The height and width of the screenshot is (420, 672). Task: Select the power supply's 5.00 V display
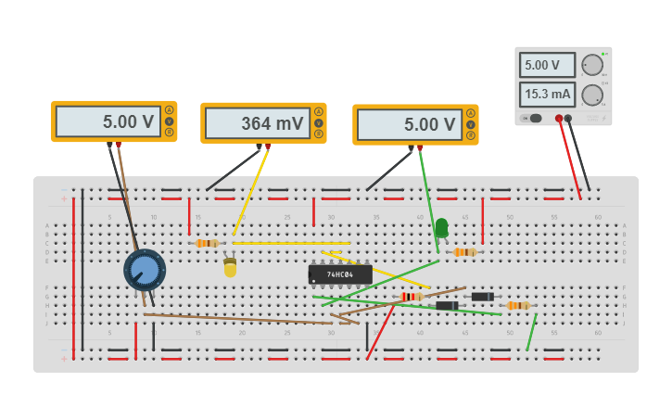[547, 65]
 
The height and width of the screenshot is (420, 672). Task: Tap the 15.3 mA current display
[547, 94]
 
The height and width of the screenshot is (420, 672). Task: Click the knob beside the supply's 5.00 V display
[591, 65]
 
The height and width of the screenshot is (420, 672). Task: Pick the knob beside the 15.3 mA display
[591, 94]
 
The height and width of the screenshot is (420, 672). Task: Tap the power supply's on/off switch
[534, 118]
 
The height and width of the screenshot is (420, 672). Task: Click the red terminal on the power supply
[558, 118]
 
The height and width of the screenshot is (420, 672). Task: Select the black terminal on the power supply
[568, 118]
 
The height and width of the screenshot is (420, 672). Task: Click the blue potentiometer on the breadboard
[145, 270]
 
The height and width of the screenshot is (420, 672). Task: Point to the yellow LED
[230, 268]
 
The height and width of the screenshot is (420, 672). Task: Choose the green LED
[441, 226]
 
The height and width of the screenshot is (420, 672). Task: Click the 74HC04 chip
[340, 274]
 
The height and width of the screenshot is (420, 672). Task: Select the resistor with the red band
[409, 297]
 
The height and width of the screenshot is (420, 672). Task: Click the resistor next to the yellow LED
[208, 243]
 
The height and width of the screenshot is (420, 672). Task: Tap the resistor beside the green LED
[464, 251]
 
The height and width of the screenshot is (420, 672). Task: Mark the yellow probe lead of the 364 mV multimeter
[250, 190]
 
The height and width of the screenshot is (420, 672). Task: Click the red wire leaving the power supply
[569, 158]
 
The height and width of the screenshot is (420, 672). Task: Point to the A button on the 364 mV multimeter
[319, 112]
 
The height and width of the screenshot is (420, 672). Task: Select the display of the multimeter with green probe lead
[408, 124]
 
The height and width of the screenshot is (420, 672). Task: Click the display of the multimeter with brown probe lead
[107, 121]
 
